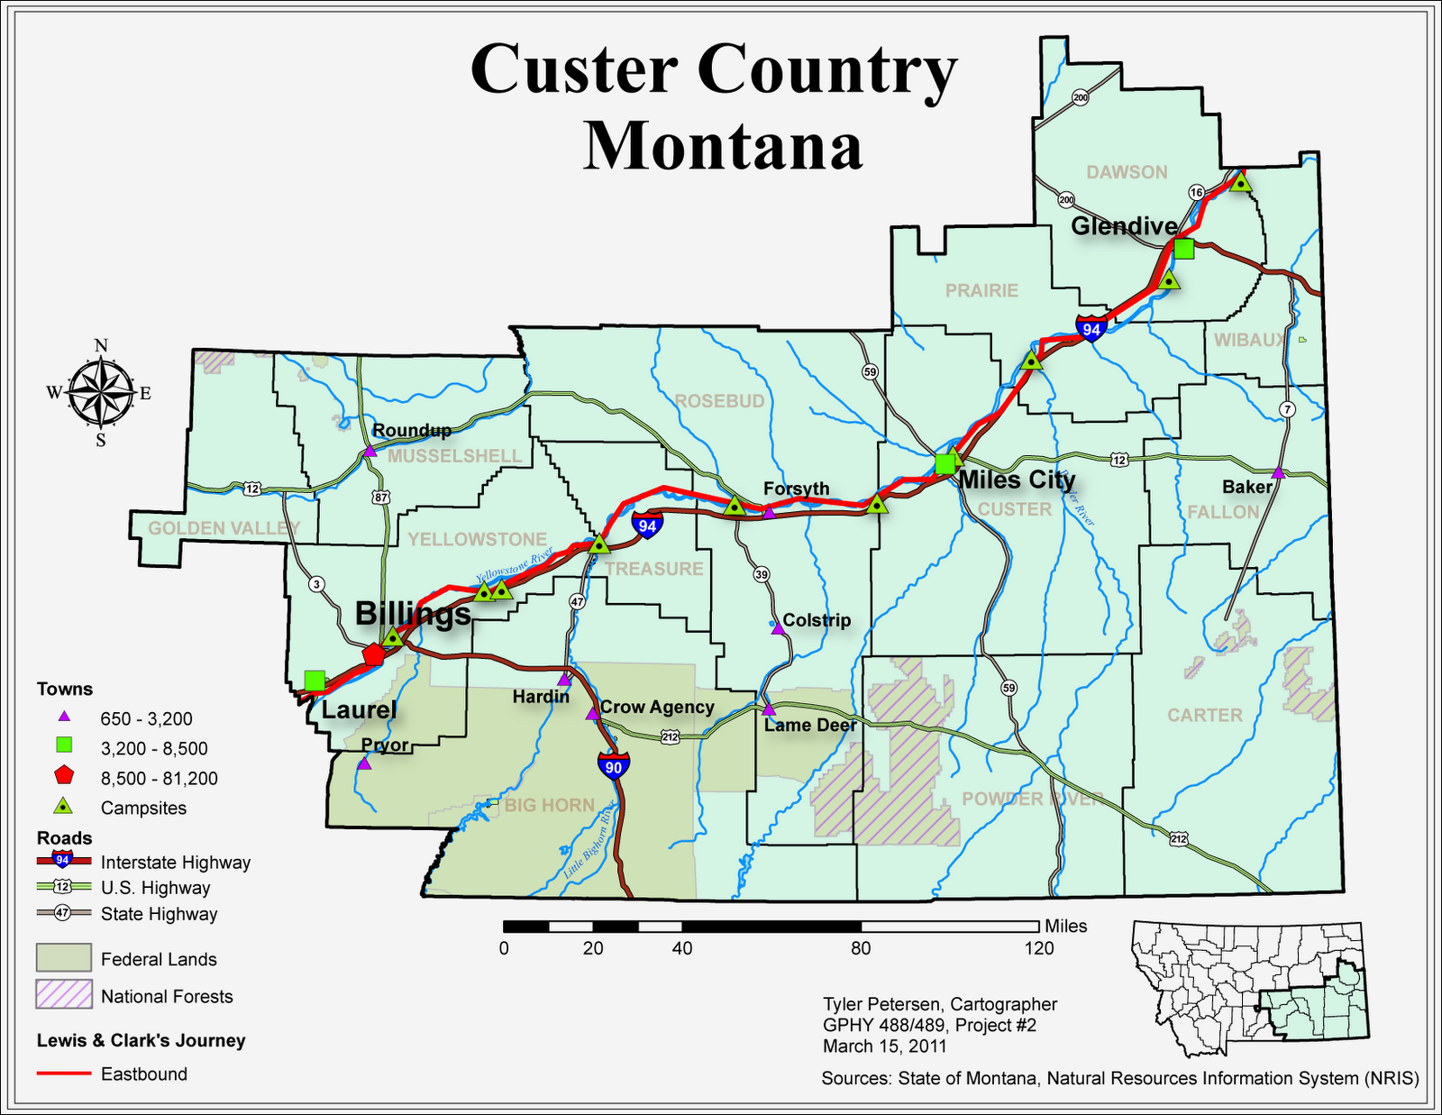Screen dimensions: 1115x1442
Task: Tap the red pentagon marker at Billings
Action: point(373,654)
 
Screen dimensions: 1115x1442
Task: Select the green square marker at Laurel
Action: point(315,681)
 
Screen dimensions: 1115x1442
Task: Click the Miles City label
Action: point(1017,480)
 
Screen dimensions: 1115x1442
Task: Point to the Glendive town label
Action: point(1124,225)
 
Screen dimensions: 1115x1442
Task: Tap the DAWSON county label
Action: point(1127,172)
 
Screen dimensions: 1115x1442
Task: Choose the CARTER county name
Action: point(1205,715)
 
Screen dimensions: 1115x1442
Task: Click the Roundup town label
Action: point(412,431)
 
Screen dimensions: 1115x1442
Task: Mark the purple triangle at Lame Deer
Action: point(769,710)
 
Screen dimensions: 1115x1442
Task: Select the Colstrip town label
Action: point(817,620)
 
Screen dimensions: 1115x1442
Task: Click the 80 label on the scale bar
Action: point(861,948)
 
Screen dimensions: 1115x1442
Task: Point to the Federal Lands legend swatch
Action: point(64,958)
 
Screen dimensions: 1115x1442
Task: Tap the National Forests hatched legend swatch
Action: point(64,995)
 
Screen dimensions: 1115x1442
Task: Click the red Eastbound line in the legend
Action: point(64,1074)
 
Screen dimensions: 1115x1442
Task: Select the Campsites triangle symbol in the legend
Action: point(64,807)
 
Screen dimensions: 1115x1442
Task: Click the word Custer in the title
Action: point(573,70)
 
